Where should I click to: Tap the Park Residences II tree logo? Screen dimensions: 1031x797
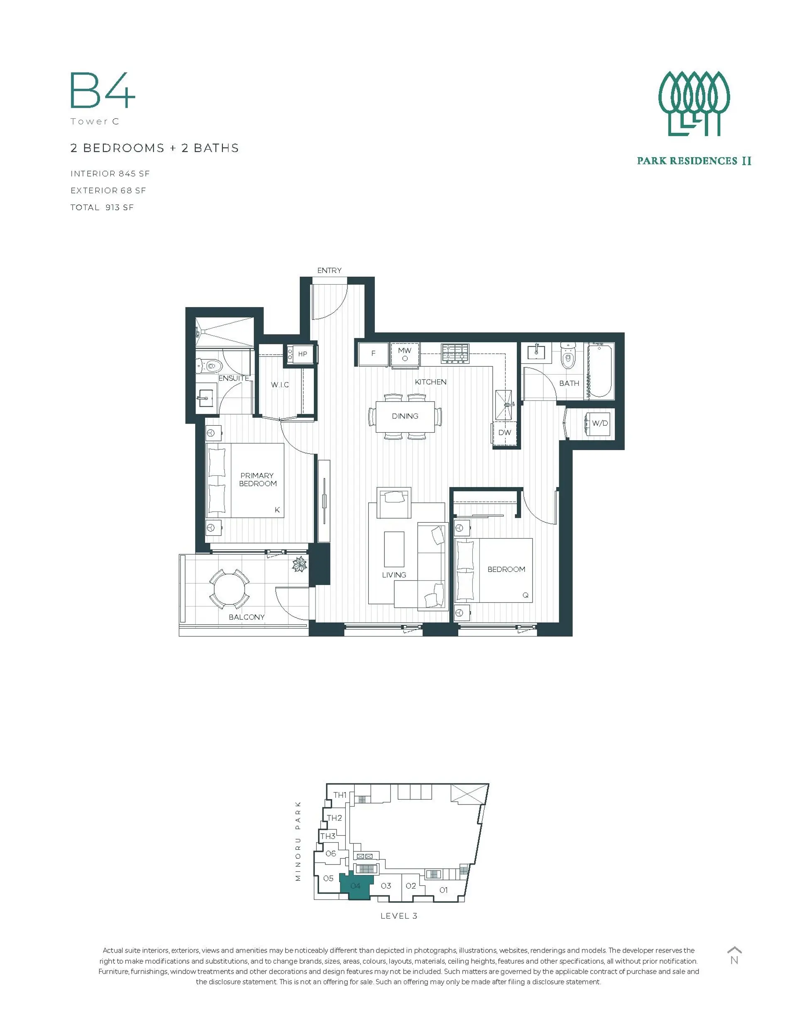[694, 104]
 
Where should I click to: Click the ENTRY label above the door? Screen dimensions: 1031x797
[329, 271]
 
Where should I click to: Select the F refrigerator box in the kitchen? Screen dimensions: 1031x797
[373, 353]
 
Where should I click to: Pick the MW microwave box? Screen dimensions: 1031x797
[404, 353]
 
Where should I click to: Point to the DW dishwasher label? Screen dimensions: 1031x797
[505, 432]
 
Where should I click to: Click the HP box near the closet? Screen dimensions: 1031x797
[302, 353]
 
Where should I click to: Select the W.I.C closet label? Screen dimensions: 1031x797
[280, 385]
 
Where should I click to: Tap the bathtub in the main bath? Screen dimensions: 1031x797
[599, 371]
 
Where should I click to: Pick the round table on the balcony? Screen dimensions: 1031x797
[230, 589]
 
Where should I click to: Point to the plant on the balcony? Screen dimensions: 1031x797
[299, 564]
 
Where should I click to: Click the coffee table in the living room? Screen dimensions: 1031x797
[394, 549]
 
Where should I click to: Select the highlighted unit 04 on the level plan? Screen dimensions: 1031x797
[356, 886]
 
